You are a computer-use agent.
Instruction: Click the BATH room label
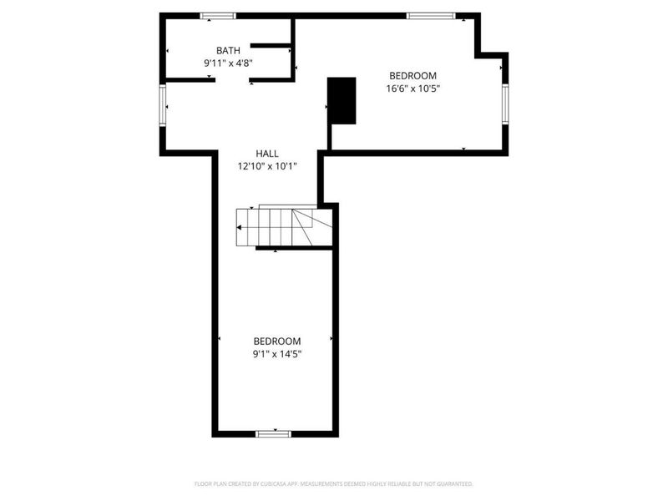click(228, 51)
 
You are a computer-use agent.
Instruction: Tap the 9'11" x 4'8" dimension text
click(228, 63)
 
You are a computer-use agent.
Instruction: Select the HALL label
click(267, 154)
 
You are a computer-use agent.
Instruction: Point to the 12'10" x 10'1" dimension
click(267, 165)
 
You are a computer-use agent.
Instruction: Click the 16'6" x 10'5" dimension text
click(412, 88)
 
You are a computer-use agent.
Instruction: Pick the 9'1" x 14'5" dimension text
click(277, 353)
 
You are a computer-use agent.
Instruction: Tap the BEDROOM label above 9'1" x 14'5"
click(277, 341)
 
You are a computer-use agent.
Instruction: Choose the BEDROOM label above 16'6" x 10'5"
click(412, 76)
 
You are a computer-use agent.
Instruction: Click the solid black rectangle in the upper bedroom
click(342, 100)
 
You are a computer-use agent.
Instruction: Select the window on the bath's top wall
click(218, 15)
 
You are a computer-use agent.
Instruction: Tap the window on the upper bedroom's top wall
click(431, 15)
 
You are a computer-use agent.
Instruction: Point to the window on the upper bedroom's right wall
click(504, 104)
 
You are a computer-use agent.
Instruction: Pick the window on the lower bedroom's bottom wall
click(273, 433)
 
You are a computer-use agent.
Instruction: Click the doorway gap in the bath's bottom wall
click(231, 79)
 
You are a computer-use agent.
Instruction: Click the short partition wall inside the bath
click(271, 44)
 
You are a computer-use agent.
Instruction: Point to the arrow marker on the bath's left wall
click(167, 51)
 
